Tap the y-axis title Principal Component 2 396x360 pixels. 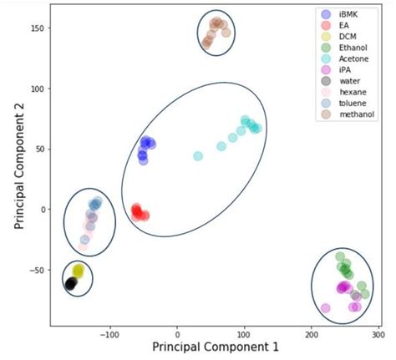[x=19, y=170]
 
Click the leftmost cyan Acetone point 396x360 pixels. [x=198, y=156]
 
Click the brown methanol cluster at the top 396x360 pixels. [x=216, y=32]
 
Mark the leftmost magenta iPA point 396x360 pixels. [x=326, y=308]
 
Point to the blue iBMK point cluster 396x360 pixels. [x=145, y=148]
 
